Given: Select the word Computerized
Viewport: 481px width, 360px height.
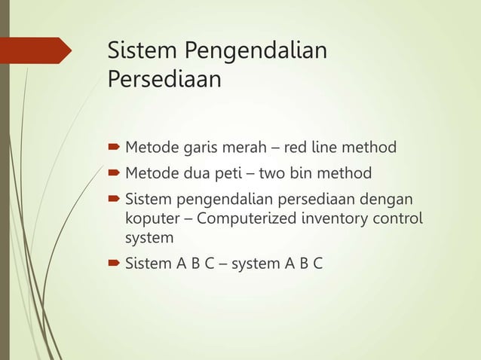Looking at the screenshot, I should coord(245,220).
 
